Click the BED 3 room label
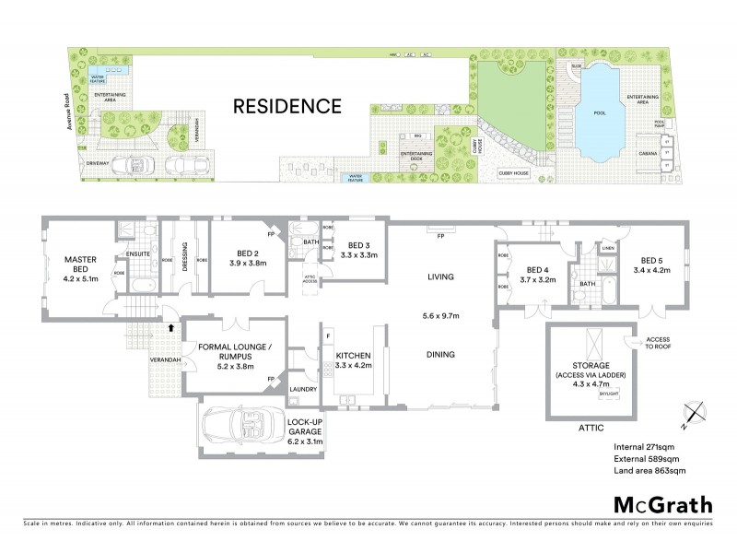pyautogui.click(x=356, y=244)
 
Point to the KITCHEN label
pyautogui.click(x=354, y=355)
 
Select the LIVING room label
pyautogui.click(x=442, y=276)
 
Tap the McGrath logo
pyautogui.click(x=662, y=504)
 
